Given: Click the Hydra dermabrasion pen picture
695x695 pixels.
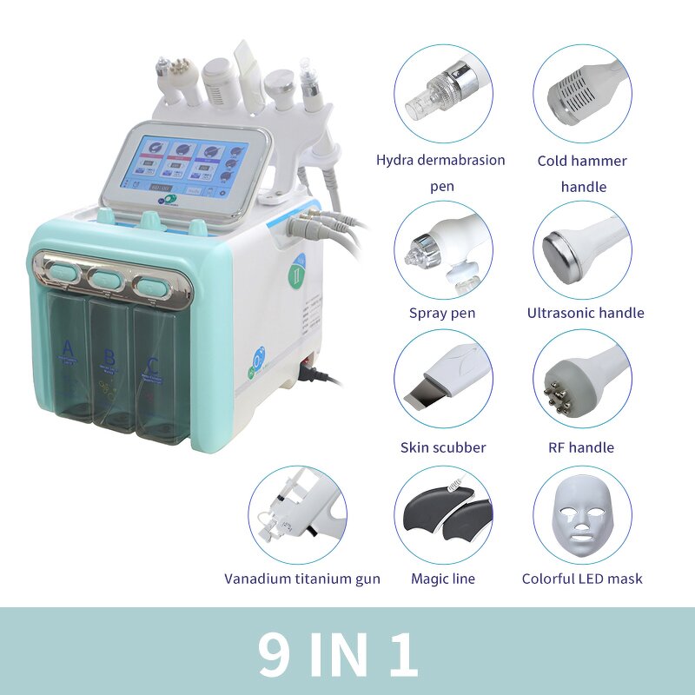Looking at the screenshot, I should click(442, 94).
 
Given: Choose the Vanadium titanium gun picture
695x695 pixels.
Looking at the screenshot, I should click(298, 515).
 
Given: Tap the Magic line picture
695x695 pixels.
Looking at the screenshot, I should click(442, 515).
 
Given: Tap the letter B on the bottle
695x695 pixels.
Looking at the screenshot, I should click(109, 357).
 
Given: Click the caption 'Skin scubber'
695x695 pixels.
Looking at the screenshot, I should click(443, 447).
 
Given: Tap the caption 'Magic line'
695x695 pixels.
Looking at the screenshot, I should click(442, 579).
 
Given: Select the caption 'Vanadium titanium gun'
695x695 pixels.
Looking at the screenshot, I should click(302, 579).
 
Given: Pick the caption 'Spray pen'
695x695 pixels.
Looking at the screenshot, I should click(442, 313).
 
